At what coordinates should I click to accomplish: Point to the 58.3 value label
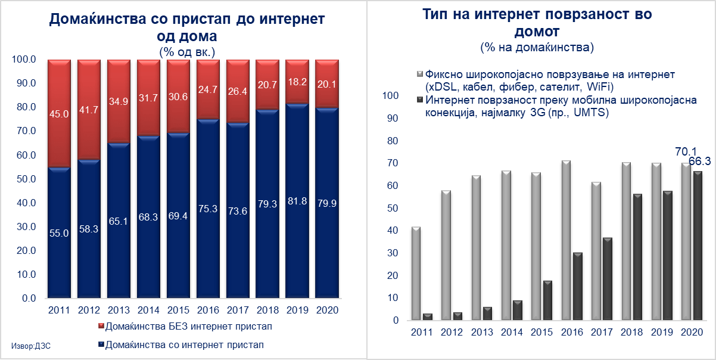click(89, 228)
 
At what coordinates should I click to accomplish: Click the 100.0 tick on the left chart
click(24, 60)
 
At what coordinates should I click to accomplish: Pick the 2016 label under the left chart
click(208, 311)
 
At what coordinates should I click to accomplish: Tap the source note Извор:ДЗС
click(30, 346)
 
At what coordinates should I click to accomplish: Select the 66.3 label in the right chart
click(698, 161)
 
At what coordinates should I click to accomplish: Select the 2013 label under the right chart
click(480, 331)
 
